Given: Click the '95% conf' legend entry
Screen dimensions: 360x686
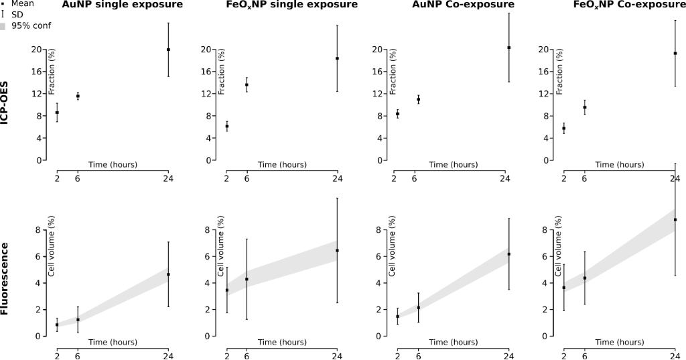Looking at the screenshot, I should pos(31,26).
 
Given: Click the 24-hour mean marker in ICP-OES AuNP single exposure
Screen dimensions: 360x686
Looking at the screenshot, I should pos(168,50).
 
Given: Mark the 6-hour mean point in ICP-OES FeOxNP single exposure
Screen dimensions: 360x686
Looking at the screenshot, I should pos(247,85).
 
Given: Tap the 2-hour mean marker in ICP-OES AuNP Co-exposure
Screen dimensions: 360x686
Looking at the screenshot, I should pos(397,114).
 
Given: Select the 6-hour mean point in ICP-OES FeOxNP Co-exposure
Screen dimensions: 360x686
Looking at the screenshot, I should pos(585,107).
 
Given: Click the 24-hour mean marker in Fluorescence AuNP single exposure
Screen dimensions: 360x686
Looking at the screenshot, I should pos(168,274).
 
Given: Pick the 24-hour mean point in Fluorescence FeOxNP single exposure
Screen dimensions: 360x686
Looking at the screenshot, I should pos(337,251).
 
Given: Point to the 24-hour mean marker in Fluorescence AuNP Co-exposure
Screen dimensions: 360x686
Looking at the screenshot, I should pos(508,254).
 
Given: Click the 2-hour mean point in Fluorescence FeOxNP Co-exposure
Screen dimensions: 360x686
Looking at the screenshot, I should pos(564,288).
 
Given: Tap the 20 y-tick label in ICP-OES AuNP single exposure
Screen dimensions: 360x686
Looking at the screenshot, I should pos(38,50).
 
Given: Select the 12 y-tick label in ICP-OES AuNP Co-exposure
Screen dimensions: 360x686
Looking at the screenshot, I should pos(378,94).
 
